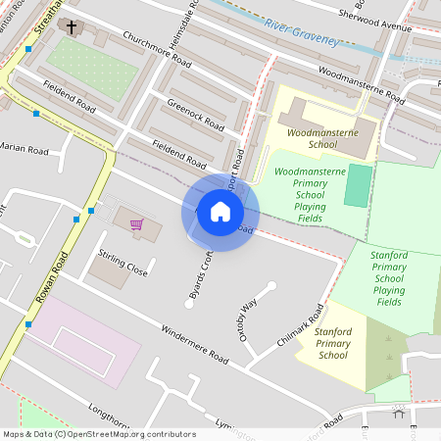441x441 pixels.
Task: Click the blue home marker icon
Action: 220,212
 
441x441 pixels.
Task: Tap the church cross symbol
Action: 72,26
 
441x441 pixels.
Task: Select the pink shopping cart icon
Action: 137,225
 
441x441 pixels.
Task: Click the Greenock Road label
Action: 196,116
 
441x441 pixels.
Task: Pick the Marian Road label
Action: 24,150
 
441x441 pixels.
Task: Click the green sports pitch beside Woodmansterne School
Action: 359,185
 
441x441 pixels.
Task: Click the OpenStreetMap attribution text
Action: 98,434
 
